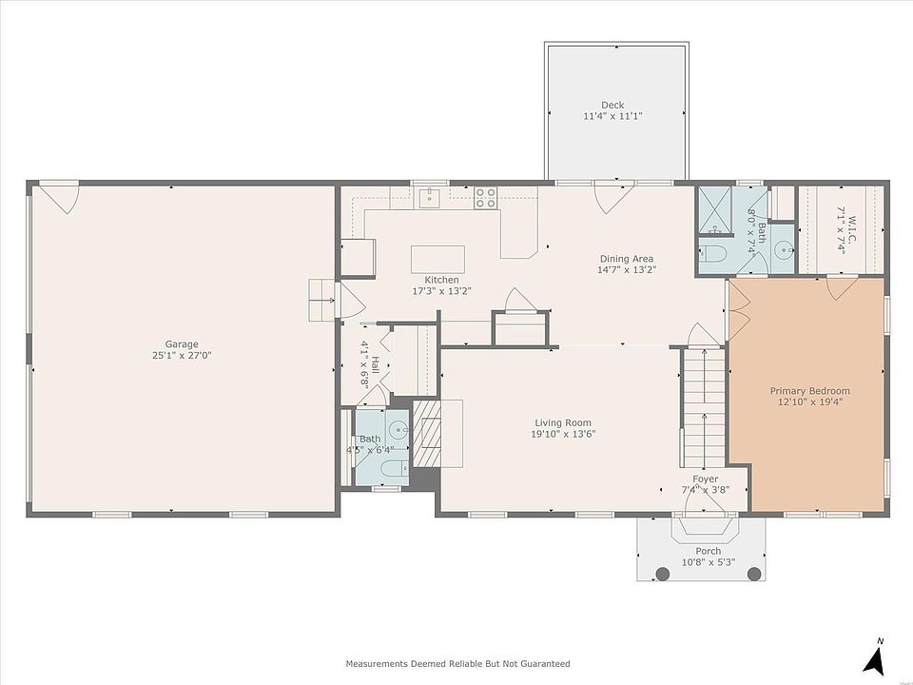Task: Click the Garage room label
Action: (181, 344)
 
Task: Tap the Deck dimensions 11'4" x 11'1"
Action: (612, 116)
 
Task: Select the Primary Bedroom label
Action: (810, 391)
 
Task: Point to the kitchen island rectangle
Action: (437, 259)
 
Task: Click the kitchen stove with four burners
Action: (486, 198)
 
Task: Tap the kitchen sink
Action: (430, 197)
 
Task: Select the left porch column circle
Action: (663, 574)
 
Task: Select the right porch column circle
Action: (754, 574)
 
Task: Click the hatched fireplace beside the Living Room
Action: (427, 434)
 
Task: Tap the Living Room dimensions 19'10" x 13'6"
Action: (563, 434)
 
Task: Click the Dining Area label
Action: (627, 259)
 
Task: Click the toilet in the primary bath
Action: (711, 253)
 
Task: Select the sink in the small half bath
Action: (398, 431)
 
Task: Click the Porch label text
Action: (708, 551)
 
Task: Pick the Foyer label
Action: (705, 479)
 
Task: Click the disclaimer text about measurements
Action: (457, 663)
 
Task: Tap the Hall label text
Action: (376, 364)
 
